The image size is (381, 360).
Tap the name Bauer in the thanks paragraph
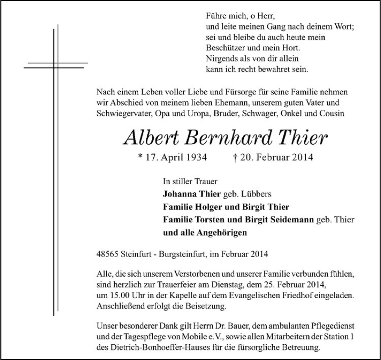203,328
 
